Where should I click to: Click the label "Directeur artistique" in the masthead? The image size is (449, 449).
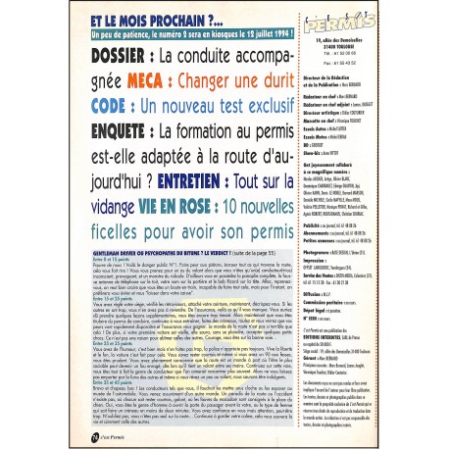348,140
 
